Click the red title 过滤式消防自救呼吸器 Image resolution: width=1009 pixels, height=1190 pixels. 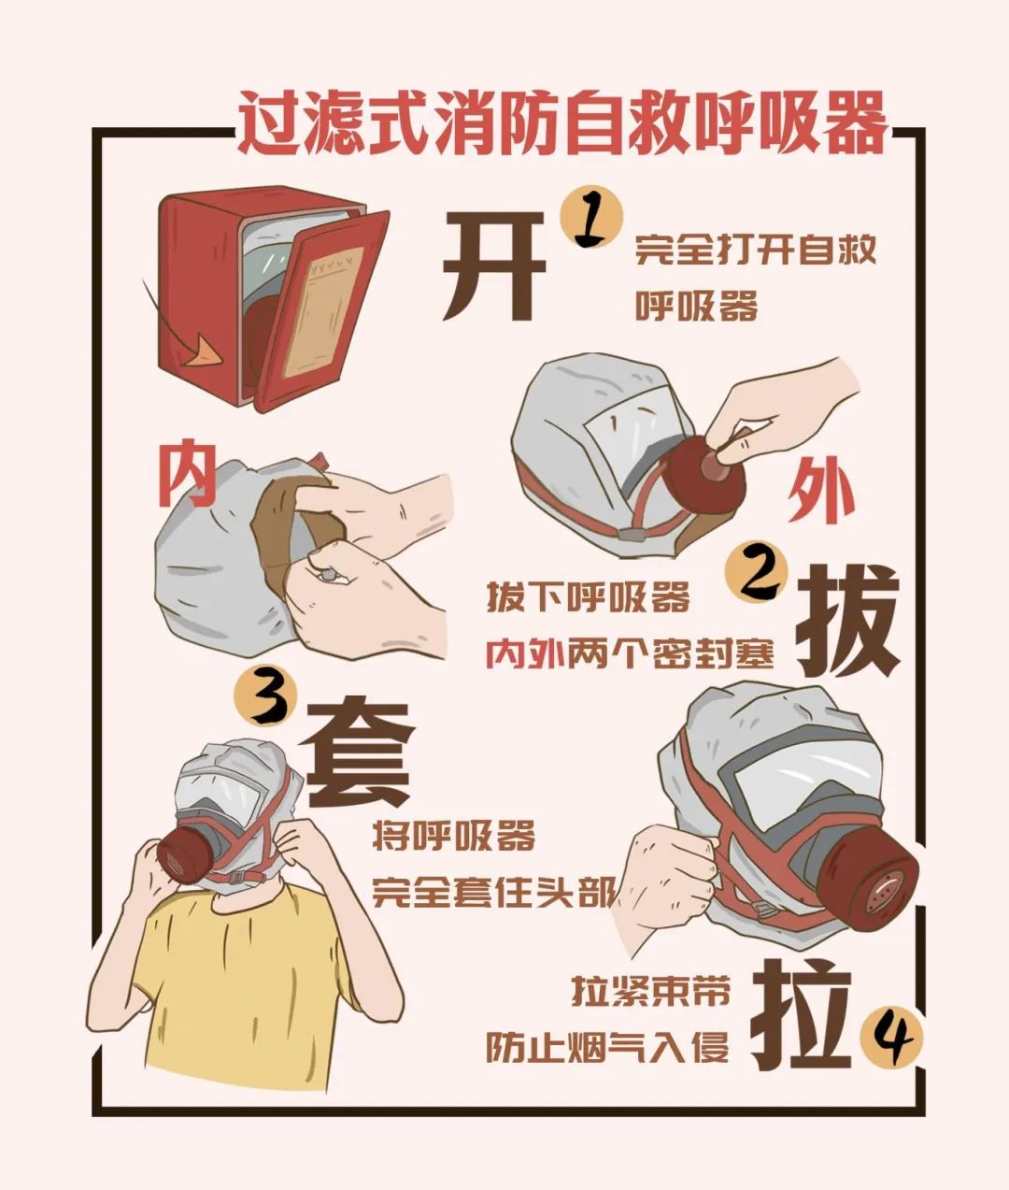pos(561,122)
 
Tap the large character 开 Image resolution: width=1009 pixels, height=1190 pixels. pos(492,265)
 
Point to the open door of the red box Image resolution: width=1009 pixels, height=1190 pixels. pos(322,308)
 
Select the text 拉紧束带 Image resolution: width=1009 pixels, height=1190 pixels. pos(650,991)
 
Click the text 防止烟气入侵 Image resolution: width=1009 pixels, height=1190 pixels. pos(607,1048)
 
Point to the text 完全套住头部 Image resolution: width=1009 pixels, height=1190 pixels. pos(493,891)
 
